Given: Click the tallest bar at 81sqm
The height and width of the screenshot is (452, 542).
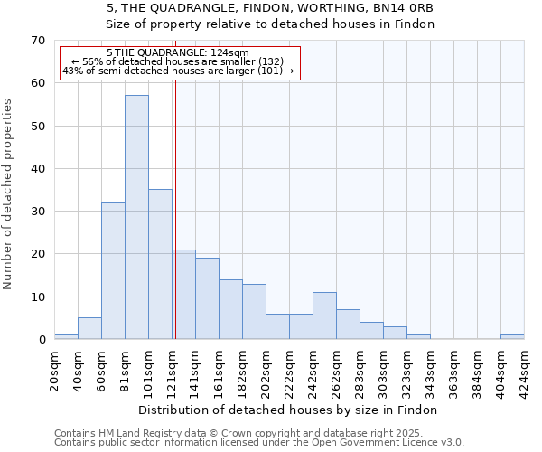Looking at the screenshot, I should point(136,217).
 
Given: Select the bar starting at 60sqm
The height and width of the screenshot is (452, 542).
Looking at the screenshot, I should point(113,270).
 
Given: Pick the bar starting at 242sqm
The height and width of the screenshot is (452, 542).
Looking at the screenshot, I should point(324,315).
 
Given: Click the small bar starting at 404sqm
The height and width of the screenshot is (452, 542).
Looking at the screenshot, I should point(512,337).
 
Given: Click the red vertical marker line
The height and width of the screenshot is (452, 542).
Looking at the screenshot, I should point(175,226).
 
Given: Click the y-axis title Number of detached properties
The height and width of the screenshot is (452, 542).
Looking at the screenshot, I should point(8,194).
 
